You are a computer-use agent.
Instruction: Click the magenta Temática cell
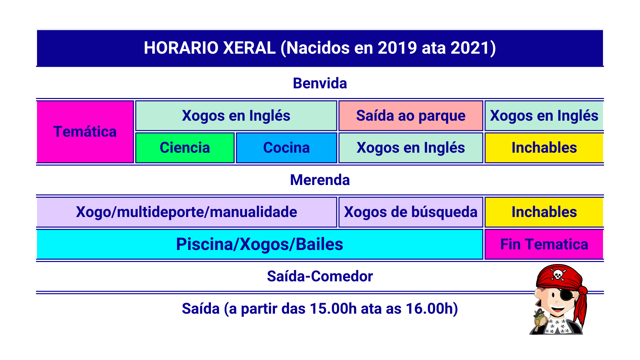85,132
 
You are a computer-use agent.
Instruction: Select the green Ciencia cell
185,148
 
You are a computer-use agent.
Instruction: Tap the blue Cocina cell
286,148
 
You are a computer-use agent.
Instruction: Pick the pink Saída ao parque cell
411,116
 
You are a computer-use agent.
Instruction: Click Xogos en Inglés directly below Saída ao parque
411,148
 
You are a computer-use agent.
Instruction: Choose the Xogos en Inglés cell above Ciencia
236,116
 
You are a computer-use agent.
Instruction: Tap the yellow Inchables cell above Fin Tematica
544,212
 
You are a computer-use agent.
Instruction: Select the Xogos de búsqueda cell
411,212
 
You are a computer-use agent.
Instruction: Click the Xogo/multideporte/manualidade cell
187,212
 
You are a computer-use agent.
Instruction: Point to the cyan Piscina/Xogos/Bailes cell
260,244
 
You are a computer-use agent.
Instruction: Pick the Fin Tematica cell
544,244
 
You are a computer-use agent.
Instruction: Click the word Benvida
320,83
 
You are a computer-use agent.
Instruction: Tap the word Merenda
320,180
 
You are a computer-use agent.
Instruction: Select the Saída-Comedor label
320,276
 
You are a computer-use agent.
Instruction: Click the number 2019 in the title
397,48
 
